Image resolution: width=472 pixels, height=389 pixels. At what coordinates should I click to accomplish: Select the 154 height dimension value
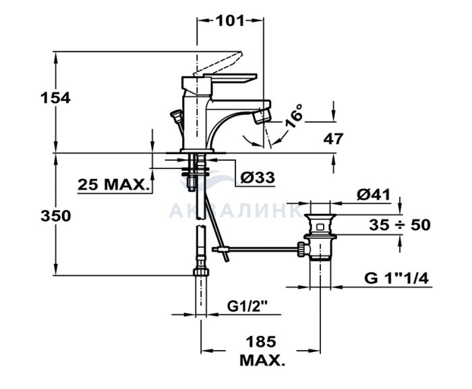(x=56, y=98)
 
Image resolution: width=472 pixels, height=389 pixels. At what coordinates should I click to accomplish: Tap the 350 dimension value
(x=56, y=216)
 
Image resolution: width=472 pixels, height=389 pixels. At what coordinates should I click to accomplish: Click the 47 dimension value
(x=333, y=139)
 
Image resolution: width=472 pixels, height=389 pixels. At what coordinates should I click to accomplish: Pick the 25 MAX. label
(x=113, y=184)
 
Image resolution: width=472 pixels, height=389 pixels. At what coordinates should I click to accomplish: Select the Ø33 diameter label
(x=258, y=178)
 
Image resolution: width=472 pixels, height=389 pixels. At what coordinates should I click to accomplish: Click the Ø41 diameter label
(x=374, y=195)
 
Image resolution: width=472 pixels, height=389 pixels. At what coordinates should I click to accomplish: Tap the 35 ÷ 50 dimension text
(x=400, y=225)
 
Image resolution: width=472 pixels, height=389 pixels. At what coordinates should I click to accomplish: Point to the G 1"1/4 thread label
(x=396, y=279)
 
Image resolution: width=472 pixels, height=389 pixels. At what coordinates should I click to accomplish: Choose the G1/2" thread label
(x=247, y=306)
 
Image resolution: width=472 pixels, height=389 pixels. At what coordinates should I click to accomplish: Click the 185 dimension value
(x=261, y=342)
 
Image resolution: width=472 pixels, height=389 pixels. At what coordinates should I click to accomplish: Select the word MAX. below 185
(x=262, y=360)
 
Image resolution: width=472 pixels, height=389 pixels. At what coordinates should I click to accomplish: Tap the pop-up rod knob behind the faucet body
(x=175, y=114)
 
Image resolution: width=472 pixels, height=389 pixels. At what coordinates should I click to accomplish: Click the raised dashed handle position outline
(x=217, y=64)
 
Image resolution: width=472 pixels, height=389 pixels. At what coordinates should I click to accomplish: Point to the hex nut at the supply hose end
(x=201, y=272)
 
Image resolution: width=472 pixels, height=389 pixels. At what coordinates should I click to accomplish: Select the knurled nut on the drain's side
(x=301, y=249)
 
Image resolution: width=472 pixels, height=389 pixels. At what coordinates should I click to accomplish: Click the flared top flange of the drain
(x=320, y=217)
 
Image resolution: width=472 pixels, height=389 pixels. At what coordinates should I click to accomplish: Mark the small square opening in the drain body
(x=320, y=227)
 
